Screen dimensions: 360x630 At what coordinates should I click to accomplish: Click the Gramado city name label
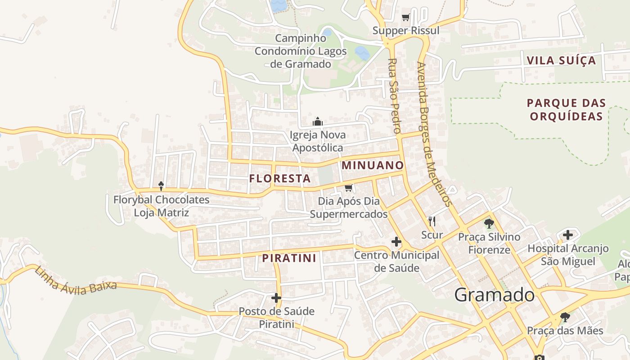494,295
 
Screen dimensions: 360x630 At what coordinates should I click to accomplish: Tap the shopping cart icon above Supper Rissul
406,18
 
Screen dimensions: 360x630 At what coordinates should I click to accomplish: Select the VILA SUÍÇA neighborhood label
561,60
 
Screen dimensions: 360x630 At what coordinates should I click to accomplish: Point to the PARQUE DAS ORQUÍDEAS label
566,110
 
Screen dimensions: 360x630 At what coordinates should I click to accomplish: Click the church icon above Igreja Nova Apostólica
318,121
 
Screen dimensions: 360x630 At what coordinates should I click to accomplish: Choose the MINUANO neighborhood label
373,165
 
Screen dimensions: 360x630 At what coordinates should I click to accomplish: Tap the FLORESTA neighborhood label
280,179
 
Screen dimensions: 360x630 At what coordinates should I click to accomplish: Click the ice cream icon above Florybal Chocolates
161,186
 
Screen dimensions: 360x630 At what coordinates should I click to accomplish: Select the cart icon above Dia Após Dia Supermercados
348,188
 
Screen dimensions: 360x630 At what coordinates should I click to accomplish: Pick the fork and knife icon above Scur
432,221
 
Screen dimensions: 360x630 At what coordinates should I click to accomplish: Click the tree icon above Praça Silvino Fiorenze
489,223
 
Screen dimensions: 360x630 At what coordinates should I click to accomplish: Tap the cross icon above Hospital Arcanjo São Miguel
568,234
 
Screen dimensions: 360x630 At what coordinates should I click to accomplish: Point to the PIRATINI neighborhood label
289,258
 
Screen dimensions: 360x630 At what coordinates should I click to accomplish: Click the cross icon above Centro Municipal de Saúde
396,242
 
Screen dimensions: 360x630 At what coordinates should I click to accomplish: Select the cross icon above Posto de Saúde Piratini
276,298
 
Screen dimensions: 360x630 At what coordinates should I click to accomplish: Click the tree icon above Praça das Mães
565,318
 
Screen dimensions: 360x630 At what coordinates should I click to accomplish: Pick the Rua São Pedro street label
394,95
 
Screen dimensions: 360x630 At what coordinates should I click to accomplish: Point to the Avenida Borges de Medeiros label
434,134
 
